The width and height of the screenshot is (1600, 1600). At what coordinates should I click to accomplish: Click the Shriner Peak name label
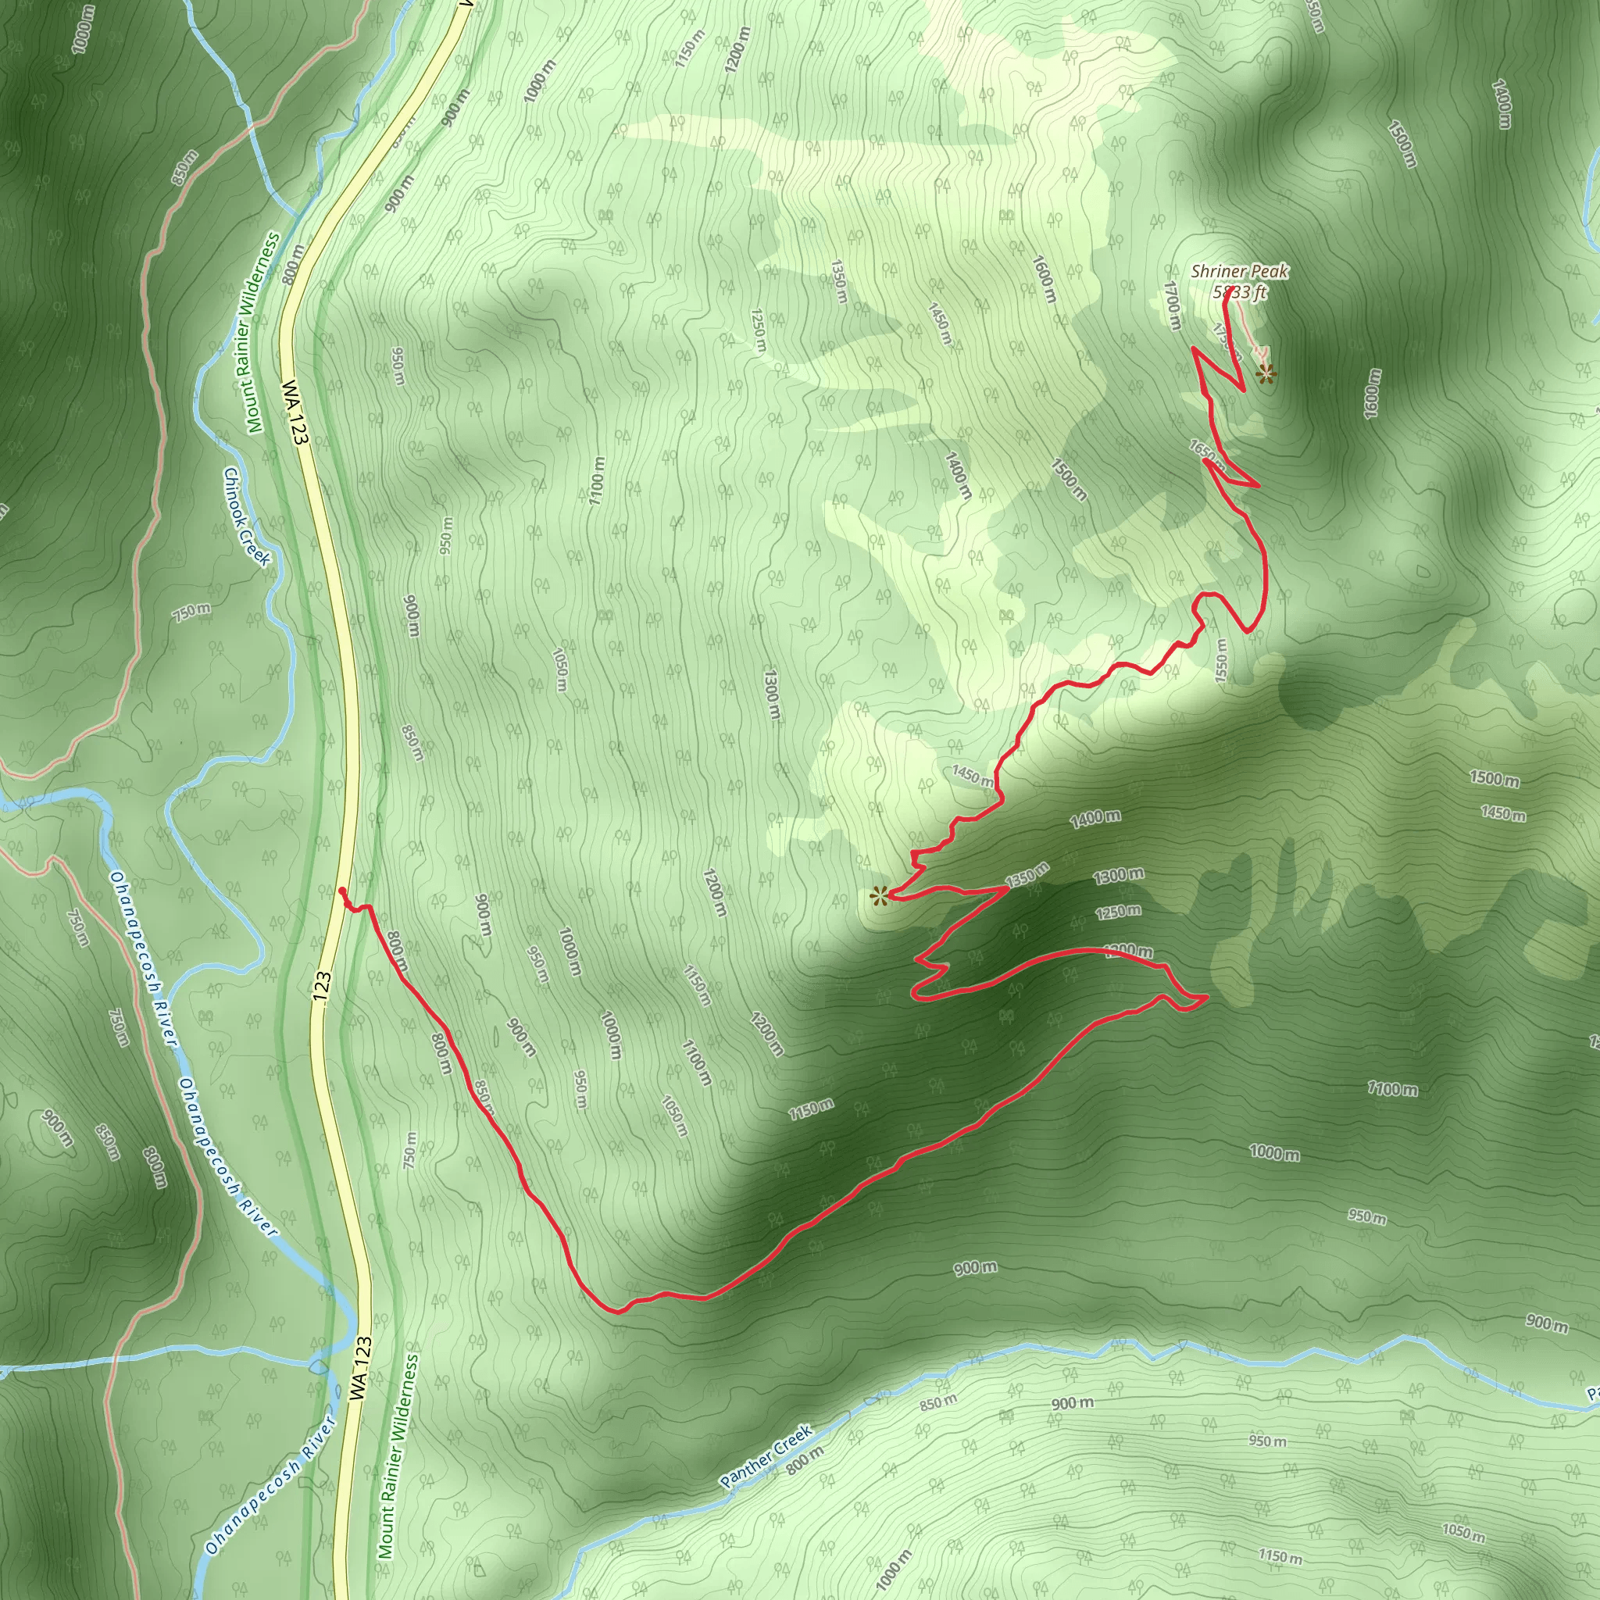click(1239, 271)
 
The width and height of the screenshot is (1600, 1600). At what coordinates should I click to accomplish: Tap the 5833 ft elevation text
click(1239, 291)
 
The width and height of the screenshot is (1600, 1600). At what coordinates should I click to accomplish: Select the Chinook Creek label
click(246, 516)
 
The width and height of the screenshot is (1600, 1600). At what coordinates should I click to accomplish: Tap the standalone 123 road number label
click(322, 988)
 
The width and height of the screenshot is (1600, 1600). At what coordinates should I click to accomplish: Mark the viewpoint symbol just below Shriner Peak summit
click(1265, 375)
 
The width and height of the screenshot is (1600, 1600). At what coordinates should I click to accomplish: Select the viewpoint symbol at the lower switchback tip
click(879, 895)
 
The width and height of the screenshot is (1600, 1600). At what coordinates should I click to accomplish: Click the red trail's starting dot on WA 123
click(342, 891)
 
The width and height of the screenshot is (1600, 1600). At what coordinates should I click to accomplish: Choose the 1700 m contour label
click(1172, 305)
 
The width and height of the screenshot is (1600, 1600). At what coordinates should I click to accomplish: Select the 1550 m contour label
click(1220, 660)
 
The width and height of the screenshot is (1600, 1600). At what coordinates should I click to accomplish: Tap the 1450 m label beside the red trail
click(972, 776)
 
